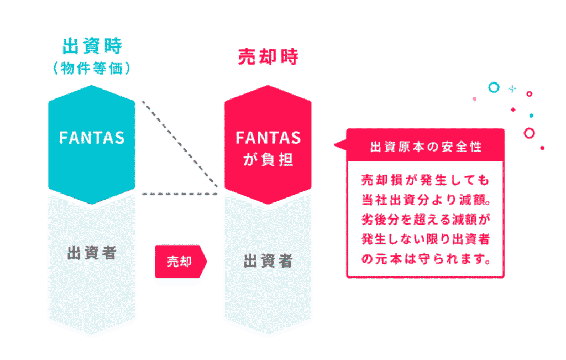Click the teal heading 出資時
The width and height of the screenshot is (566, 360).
[x=92, y=46]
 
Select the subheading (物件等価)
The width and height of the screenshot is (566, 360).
[x=92, y=68]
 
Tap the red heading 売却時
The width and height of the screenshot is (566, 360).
[x=268, y=57]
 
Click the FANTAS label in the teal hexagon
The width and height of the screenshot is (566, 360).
[x=92, y=138]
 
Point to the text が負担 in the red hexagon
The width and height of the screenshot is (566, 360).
[x=268, y=159]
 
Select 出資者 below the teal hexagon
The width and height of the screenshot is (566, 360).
[x=92, y=253]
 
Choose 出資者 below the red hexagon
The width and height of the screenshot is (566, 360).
[x=268, y=260]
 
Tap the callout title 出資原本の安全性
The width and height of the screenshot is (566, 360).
[x=426, y=147]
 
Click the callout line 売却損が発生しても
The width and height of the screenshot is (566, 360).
[x=425, y=180]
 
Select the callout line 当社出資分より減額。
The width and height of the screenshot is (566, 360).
[x=426, y=200]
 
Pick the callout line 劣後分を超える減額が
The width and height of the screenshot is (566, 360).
[x=426, y=219]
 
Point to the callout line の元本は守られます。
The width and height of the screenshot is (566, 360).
[x=426, y=259]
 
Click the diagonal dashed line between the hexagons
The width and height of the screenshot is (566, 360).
[x=180, y=144]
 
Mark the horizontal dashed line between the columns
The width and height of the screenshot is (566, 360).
[x=180, y=194]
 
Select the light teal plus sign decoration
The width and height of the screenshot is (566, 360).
[x=512, y=88]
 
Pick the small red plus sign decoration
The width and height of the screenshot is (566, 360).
[x=513, y=109]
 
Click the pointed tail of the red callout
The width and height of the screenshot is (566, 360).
[x=336, y=145]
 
